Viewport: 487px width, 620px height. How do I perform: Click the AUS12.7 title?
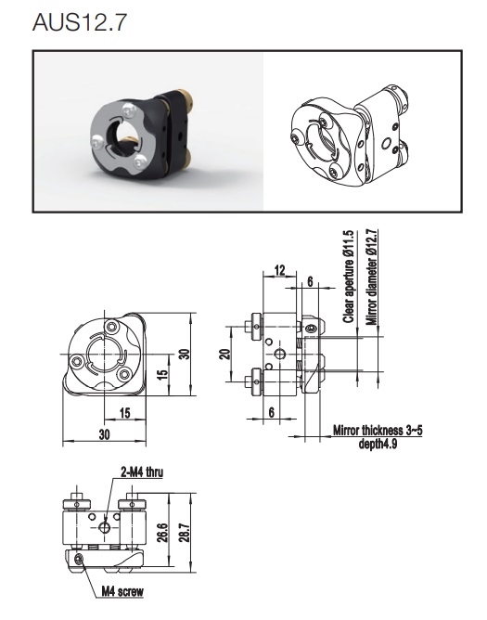(80, 22)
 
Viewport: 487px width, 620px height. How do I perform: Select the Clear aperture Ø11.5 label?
(348, 277)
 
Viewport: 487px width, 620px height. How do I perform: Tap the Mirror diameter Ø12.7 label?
(371, 277)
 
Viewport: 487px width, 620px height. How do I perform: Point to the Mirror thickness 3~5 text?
(378, 431)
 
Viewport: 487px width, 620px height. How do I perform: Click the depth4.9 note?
(378, 444)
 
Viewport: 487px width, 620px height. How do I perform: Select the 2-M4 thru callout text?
(142, 471)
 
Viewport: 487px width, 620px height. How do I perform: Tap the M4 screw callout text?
(122, 591)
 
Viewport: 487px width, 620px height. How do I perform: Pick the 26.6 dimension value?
(163, 532)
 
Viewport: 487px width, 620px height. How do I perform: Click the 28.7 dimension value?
(186, 532)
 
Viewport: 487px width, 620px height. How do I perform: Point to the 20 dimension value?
(224, 354)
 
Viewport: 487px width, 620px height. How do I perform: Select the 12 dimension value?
(279, 270)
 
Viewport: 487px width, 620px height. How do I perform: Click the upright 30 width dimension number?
(104, 434)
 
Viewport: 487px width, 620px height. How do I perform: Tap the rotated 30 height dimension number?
(185, 354)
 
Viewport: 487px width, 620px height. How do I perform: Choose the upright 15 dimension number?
(125, 413)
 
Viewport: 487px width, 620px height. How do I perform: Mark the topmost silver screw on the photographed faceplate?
(129, 110)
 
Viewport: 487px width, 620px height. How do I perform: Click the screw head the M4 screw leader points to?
(79, 559)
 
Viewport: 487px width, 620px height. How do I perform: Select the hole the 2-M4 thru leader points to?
(105, 527)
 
